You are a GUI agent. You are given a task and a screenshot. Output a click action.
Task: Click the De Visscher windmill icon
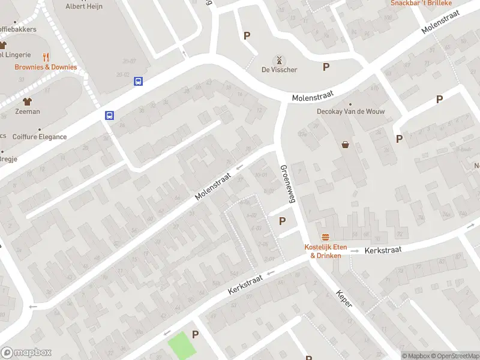(x=278, y=60)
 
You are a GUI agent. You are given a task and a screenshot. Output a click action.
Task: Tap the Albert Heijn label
(x=84, y=6)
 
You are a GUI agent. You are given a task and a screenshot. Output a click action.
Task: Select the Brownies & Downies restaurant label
(x=46, y=67)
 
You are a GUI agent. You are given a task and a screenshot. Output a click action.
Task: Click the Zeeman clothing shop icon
(x=27, y=101)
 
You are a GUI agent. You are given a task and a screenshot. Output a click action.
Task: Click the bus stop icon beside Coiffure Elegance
(x=110, y=116)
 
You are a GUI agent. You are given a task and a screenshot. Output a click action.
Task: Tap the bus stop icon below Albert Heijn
(x=139, y=81)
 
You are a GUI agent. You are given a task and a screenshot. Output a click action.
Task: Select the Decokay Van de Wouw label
(x=351, y=112)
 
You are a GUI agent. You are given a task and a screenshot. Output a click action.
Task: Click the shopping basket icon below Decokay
(x=346, y=144)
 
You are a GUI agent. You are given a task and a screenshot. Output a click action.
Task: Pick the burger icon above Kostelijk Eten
(x=326, y=236)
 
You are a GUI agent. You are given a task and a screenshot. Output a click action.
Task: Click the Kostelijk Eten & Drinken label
(x=323, y=251)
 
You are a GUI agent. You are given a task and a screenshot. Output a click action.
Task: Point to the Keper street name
(x=344, y=299)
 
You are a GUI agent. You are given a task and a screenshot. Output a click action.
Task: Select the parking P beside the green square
(x=194, y=334)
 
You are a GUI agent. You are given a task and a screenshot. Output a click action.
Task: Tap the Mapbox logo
(x=26, y=353)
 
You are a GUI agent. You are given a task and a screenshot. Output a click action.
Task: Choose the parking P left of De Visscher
(x=247, y=35)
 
